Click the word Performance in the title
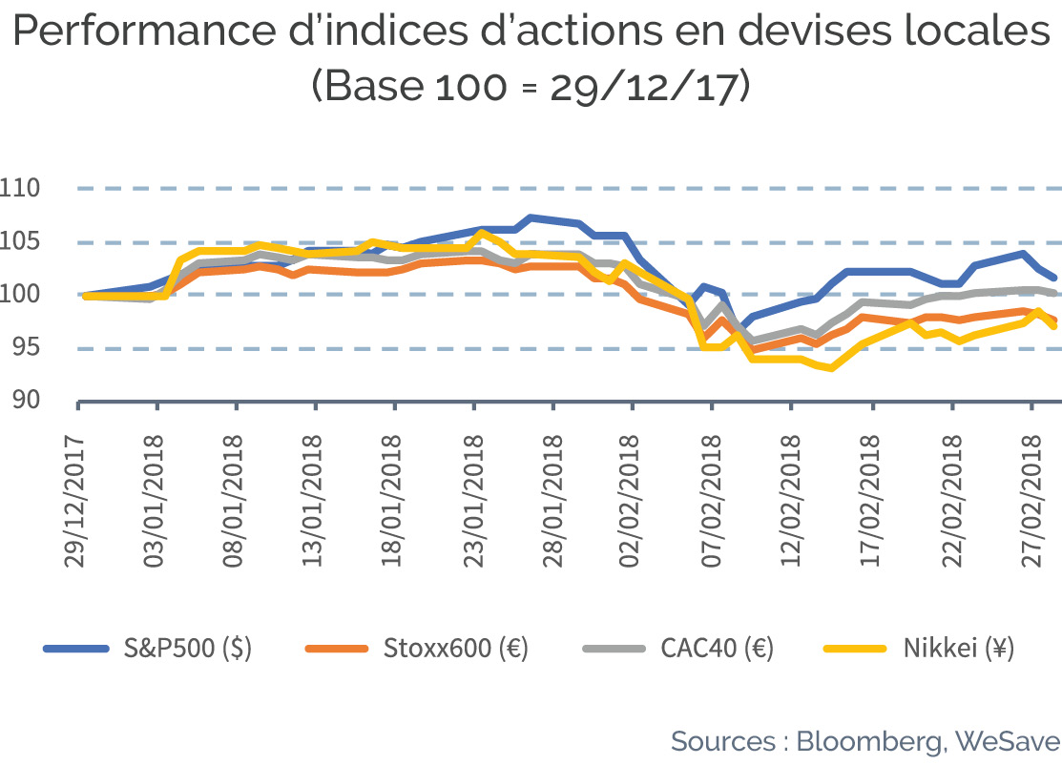144,31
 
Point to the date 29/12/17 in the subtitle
643,87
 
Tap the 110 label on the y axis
20,188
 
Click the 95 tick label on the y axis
27,346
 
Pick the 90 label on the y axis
27,400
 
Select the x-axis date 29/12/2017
74,502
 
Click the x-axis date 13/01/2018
312,502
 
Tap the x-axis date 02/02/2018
629,502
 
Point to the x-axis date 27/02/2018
1031,502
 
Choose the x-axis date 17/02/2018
869,502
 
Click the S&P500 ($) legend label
188,649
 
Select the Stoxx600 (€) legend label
456,649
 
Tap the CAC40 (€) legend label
718,649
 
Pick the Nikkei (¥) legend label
958,649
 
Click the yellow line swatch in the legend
855,649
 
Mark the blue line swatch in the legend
76,649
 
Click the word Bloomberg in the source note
869,742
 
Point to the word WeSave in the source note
1008,740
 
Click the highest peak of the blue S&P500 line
531,217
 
